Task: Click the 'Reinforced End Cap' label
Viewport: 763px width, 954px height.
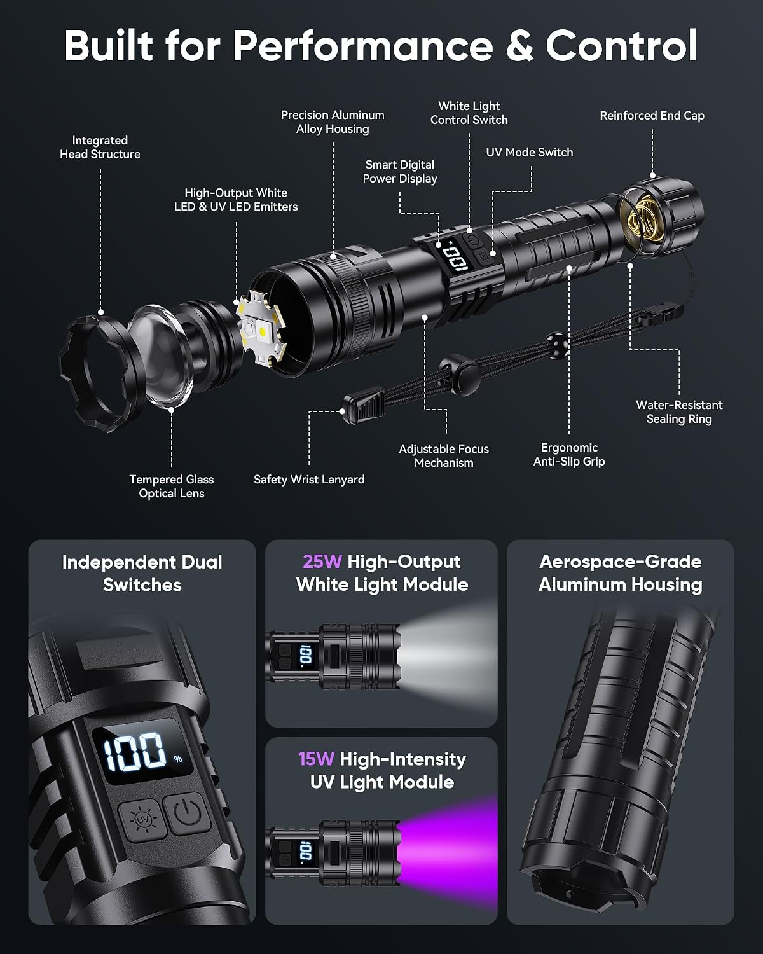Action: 652,116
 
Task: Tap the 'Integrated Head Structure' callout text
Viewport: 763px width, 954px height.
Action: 100,147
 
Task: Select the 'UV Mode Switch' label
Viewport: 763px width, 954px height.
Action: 530,153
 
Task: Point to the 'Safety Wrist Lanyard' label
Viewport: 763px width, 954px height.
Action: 309,480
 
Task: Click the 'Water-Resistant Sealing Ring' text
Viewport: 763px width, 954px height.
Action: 679,412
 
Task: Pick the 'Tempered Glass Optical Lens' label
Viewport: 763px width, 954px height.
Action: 172,487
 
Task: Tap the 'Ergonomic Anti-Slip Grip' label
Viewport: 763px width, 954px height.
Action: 569,455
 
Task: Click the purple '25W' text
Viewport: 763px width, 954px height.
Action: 322,562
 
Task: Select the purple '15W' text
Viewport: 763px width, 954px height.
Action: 316,759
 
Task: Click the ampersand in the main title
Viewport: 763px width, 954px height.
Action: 519,46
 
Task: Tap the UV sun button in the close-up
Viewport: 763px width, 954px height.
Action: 143,820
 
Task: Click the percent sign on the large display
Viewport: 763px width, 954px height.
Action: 178,759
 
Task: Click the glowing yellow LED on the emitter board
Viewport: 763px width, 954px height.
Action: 262,331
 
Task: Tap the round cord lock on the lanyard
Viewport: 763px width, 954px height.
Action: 460,374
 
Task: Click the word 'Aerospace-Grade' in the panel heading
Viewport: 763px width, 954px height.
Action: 620,562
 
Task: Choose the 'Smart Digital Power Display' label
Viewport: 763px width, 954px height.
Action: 400,172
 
